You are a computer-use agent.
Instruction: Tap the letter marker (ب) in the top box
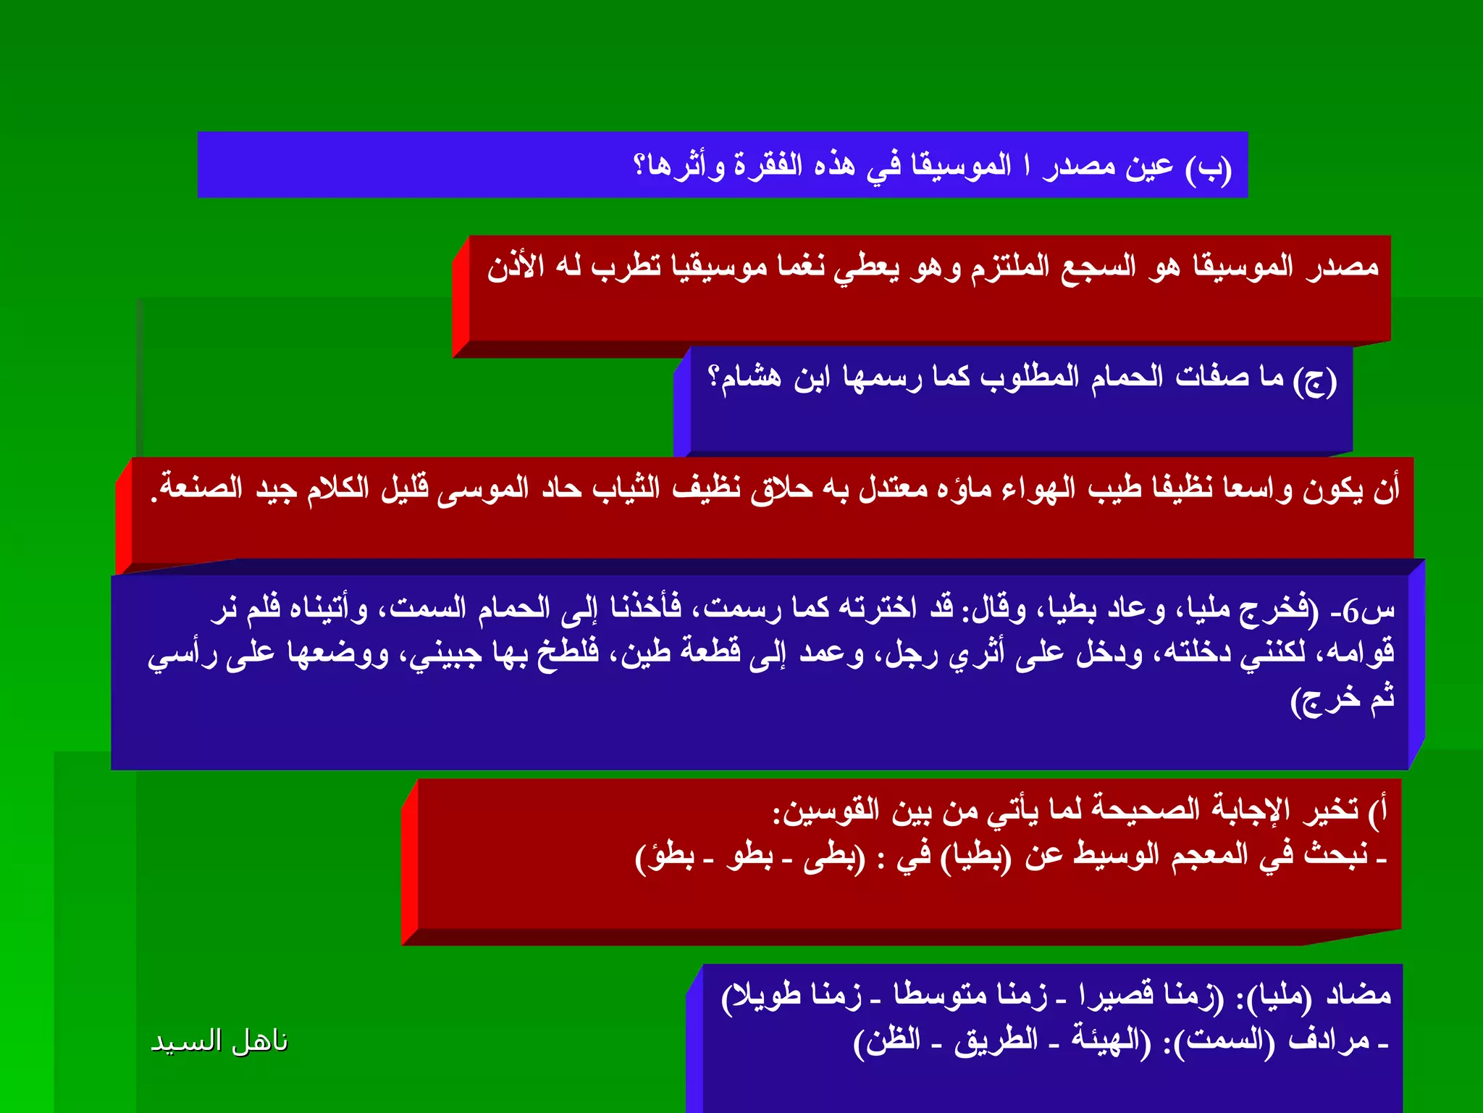click(x=1208, y=168)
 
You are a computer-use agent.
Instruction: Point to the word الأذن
click(x=516, y=267)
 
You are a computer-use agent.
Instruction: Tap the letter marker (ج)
click(x=1315, y=380)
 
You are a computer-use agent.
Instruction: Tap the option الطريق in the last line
click(x=996, y=1040)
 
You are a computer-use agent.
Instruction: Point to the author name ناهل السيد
click(x=219, y=1041)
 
